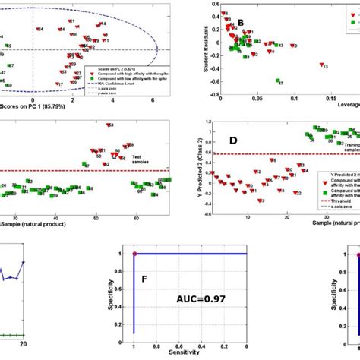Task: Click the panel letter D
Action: [x=235, y=141]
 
